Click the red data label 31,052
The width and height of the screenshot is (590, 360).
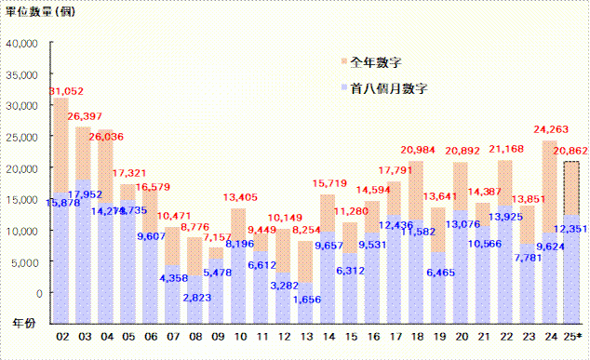click(64, 90)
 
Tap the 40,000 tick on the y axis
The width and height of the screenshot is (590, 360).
click(21, 43)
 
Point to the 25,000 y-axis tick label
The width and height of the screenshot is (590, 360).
click(21, 137)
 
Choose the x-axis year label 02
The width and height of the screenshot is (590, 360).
click(63, 336)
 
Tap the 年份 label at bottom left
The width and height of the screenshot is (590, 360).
click(20, 321)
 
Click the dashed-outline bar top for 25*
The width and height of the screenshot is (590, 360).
click(571, 163)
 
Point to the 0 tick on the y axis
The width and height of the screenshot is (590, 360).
click(37, 293)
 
